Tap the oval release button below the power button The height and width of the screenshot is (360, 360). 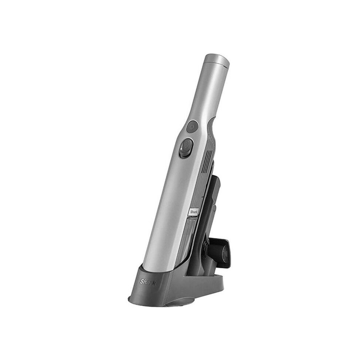(x=185, y=147)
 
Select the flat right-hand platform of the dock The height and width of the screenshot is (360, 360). (x=218, y=280)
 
